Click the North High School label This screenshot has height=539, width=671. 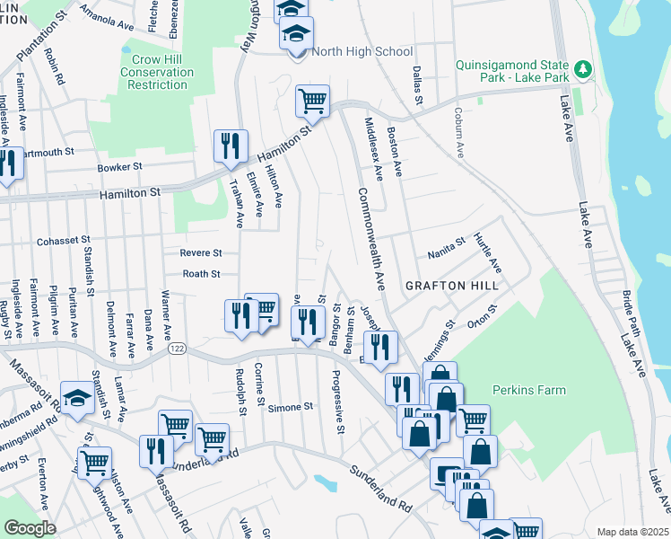click(362, 51)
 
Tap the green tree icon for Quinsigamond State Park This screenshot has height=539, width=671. click(584, 69)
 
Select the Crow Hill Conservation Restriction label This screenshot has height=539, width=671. click(158, 72)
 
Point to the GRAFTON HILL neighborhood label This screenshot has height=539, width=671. click(451, 285)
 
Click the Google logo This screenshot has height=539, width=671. click(30, 528)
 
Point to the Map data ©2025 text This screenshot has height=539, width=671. click(632, 532)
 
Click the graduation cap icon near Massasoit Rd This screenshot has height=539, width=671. click(78, 396)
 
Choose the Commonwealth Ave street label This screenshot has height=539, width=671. click(370, 238)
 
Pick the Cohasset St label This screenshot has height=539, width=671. click(64, 241)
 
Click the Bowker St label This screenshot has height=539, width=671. click(120, 167)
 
